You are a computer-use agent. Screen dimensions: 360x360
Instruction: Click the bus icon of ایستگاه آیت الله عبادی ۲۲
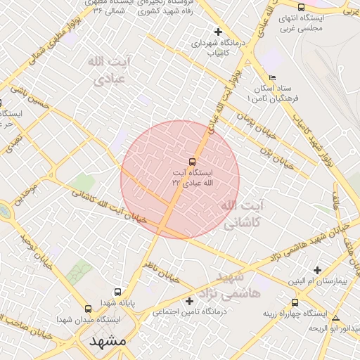(193, 162)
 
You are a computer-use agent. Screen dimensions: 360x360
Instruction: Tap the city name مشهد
(108, 341)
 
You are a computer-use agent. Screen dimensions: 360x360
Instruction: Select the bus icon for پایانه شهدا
(117, 292)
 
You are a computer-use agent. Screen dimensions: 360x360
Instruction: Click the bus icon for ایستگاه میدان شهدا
(88, 309)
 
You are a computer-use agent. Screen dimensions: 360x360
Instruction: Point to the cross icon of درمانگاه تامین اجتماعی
(188, 301)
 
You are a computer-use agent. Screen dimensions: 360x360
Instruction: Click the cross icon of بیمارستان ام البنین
(317, 270)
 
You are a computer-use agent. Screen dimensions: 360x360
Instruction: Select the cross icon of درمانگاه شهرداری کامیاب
(218, 32)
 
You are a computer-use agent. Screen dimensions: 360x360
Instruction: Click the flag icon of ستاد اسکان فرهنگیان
(272, 77)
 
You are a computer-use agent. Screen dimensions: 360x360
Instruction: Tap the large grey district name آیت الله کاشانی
(243, 214)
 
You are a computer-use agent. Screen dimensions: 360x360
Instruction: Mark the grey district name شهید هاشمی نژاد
(239, 283)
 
